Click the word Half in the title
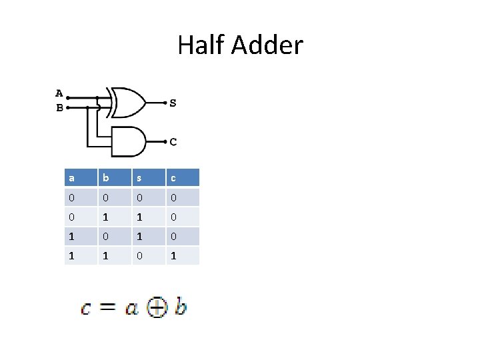(x=201, y=45)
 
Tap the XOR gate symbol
(x=127, y=102)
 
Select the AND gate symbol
(x=129, y=141)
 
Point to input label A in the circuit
(x=59, y=93)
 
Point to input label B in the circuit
(x=59, y=107)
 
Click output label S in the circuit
(x=173, y=103)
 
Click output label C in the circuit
(x=173, y=141)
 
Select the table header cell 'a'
(x=71, y=178)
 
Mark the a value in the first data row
(x=71, y=197)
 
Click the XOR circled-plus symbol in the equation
(x=157, y=307)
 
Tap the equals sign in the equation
(x=109, y=308)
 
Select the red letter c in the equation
(x=86, y=309)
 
